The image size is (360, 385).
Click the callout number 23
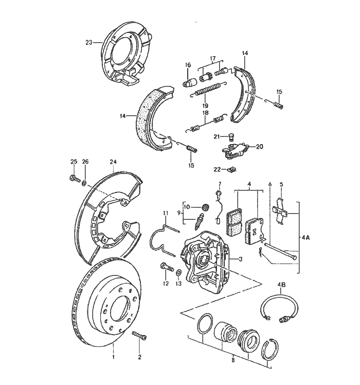click(x=88, y=43)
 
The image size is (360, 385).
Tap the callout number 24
click(x=113, y=162)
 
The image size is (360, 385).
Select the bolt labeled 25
click(x=73, y=179)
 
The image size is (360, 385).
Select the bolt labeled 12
click(x=166, y=267)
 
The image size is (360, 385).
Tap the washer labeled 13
click(x=178, y=271)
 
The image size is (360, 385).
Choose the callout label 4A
click(x=307, y=237)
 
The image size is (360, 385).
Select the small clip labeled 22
click(x=232, y=169)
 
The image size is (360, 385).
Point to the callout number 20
click(x=259, y=146)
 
